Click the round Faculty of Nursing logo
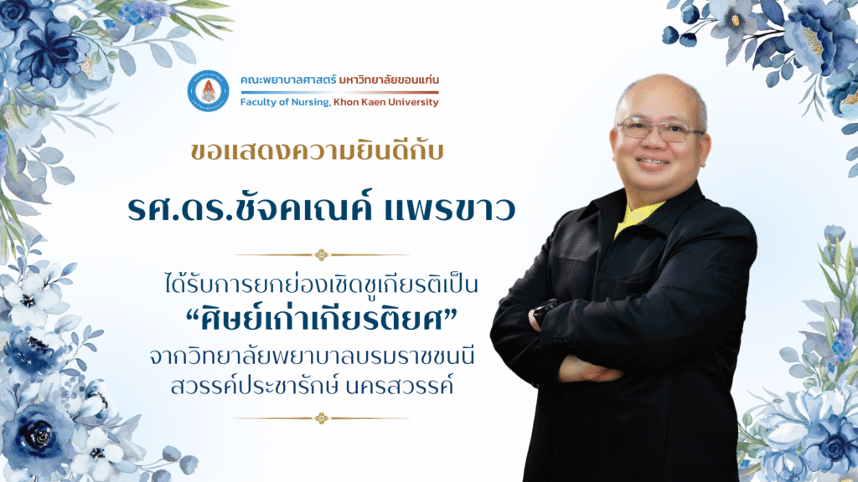(208, 90)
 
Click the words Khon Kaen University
(385, 102)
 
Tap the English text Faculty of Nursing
(285, 102)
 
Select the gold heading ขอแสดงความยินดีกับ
(317, 151)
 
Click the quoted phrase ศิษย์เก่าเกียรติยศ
(321, 320)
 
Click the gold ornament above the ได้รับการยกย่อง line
(321, 254)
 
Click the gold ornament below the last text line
(321, 418)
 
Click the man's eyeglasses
(660, 130)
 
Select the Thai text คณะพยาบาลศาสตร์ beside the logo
(288, 80)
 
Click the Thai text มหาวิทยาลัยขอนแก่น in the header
(389, 80)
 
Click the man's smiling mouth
(653, 162)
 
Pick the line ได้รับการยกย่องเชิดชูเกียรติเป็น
(321, 285)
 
